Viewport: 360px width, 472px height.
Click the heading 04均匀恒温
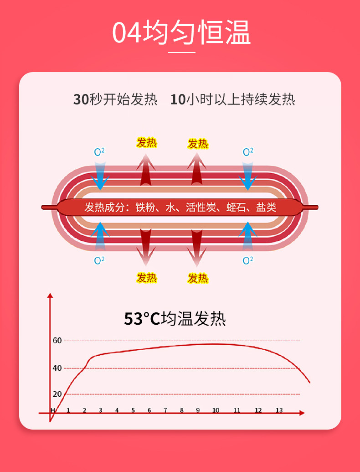[181, 32]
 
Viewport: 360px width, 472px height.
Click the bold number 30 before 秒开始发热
[81, 99]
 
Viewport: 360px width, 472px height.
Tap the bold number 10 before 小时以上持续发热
[178, 99]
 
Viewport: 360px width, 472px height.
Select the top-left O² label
[99, 152]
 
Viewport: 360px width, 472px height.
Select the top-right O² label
[248, 152]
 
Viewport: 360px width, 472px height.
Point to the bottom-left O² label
[99, 260]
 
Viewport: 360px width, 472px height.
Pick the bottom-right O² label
[248, 260]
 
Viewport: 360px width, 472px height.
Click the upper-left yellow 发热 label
[146, 143]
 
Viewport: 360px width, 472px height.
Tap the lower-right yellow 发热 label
[198, 278]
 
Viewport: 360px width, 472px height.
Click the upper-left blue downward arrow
[100, 176]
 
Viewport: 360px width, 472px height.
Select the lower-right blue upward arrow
[248, 236]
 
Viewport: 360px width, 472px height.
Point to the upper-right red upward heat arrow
[197, 169]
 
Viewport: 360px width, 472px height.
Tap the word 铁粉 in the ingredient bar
[145, 207]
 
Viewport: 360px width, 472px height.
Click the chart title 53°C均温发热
[175, 318]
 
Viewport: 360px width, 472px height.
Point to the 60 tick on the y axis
[57, 341]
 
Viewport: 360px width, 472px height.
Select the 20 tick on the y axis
[57, 394]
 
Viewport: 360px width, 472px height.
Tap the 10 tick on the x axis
[216, 410]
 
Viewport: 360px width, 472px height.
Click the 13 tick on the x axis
[279, 410]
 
